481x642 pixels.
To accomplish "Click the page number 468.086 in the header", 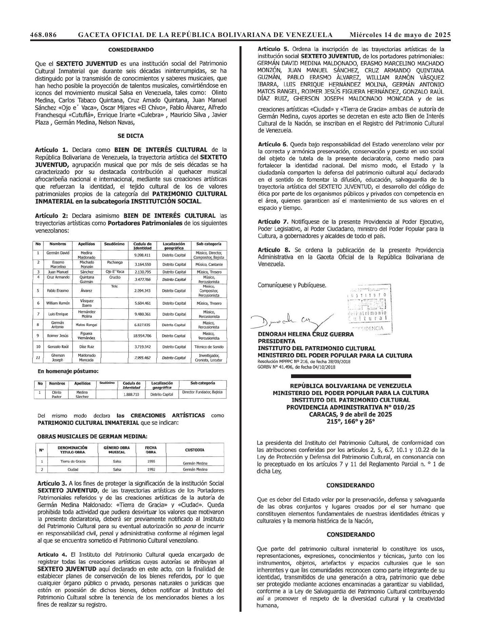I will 43,35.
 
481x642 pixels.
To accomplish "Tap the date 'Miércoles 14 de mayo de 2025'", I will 400,35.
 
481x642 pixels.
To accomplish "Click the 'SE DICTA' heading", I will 131,136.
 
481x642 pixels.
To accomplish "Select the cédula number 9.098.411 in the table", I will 142,255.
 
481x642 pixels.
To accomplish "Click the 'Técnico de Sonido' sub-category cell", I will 209,347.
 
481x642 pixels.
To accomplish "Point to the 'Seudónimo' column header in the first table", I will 114,244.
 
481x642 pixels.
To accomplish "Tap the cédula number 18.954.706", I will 142,336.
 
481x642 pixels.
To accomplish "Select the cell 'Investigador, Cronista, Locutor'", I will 209,358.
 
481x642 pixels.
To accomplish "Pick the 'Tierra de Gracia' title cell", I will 73,462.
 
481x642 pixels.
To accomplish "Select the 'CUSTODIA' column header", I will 195,450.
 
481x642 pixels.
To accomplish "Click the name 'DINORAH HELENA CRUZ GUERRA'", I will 306,334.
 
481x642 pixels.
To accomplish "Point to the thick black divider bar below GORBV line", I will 351,376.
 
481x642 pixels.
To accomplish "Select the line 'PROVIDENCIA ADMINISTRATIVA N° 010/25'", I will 351,407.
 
